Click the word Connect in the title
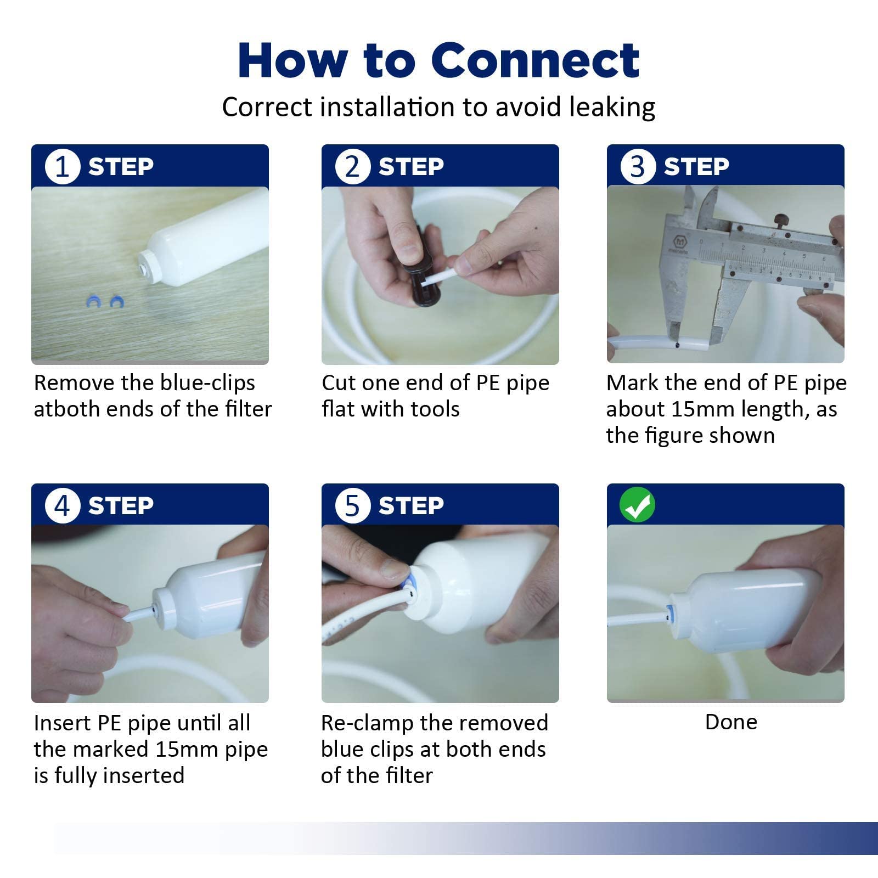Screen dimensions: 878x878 535,60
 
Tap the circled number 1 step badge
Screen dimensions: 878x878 63,166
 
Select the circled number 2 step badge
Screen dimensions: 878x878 352,166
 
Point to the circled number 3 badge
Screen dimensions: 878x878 638,166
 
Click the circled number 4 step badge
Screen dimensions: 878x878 63,505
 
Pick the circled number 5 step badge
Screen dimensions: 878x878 352,505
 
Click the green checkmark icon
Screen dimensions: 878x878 637,505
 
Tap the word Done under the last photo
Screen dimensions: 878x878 731,722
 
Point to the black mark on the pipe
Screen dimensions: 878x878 678,345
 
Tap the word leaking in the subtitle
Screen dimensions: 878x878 612,107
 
